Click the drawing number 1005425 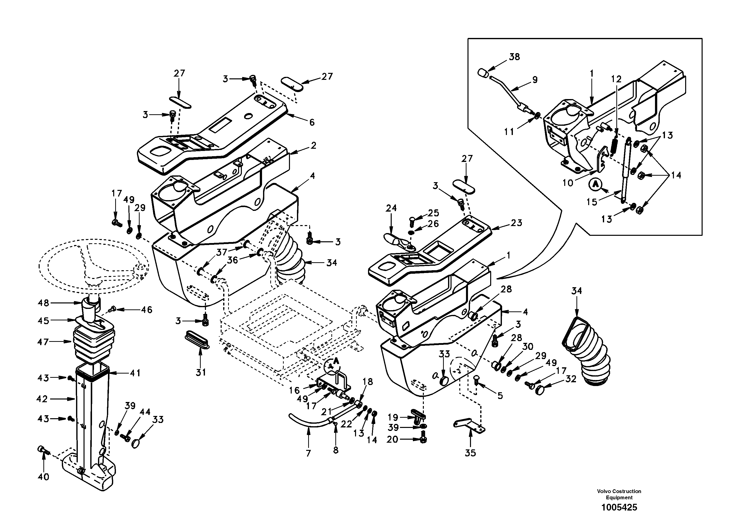[x=619, y=508]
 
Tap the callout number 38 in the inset [x=514, y=57]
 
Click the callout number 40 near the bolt [x=43, y=477]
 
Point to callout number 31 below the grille [x=201, y=373]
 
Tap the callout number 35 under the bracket [x=470, y=453]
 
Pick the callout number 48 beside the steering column [x=43, y=303]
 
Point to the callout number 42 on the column [x=42, y=399]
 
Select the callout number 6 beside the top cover [x=312, y=122]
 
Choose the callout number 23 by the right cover [x=516, y=223]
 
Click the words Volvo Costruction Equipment [x=619, y=494]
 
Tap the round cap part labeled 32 [x=540, y=390]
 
